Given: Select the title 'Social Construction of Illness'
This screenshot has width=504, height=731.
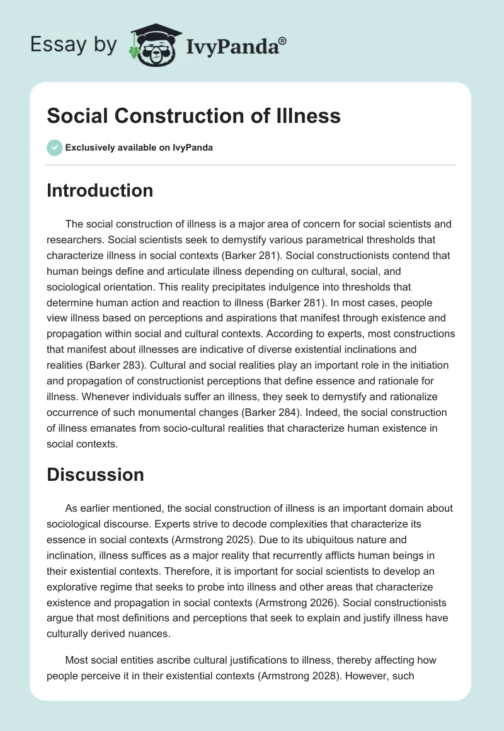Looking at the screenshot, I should [193, 116].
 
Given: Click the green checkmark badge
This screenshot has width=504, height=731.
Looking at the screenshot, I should [54, 147].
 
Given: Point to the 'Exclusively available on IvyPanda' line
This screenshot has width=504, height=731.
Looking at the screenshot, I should [139, 148].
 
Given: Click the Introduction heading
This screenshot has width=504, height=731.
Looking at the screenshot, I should [100, 191].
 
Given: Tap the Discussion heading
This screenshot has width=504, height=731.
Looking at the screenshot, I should [95, 475].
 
